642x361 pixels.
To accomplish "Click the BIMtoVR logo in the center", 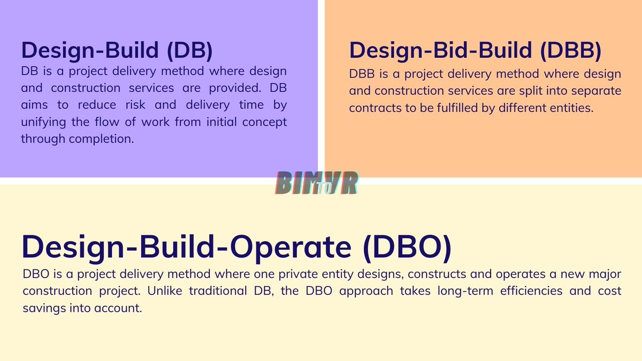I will tap(317, 183).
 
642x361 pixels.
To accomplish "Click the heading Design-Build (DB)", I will tap(117, 50).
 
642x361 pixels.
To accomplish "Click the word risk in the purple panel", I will tap(141, 105).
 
